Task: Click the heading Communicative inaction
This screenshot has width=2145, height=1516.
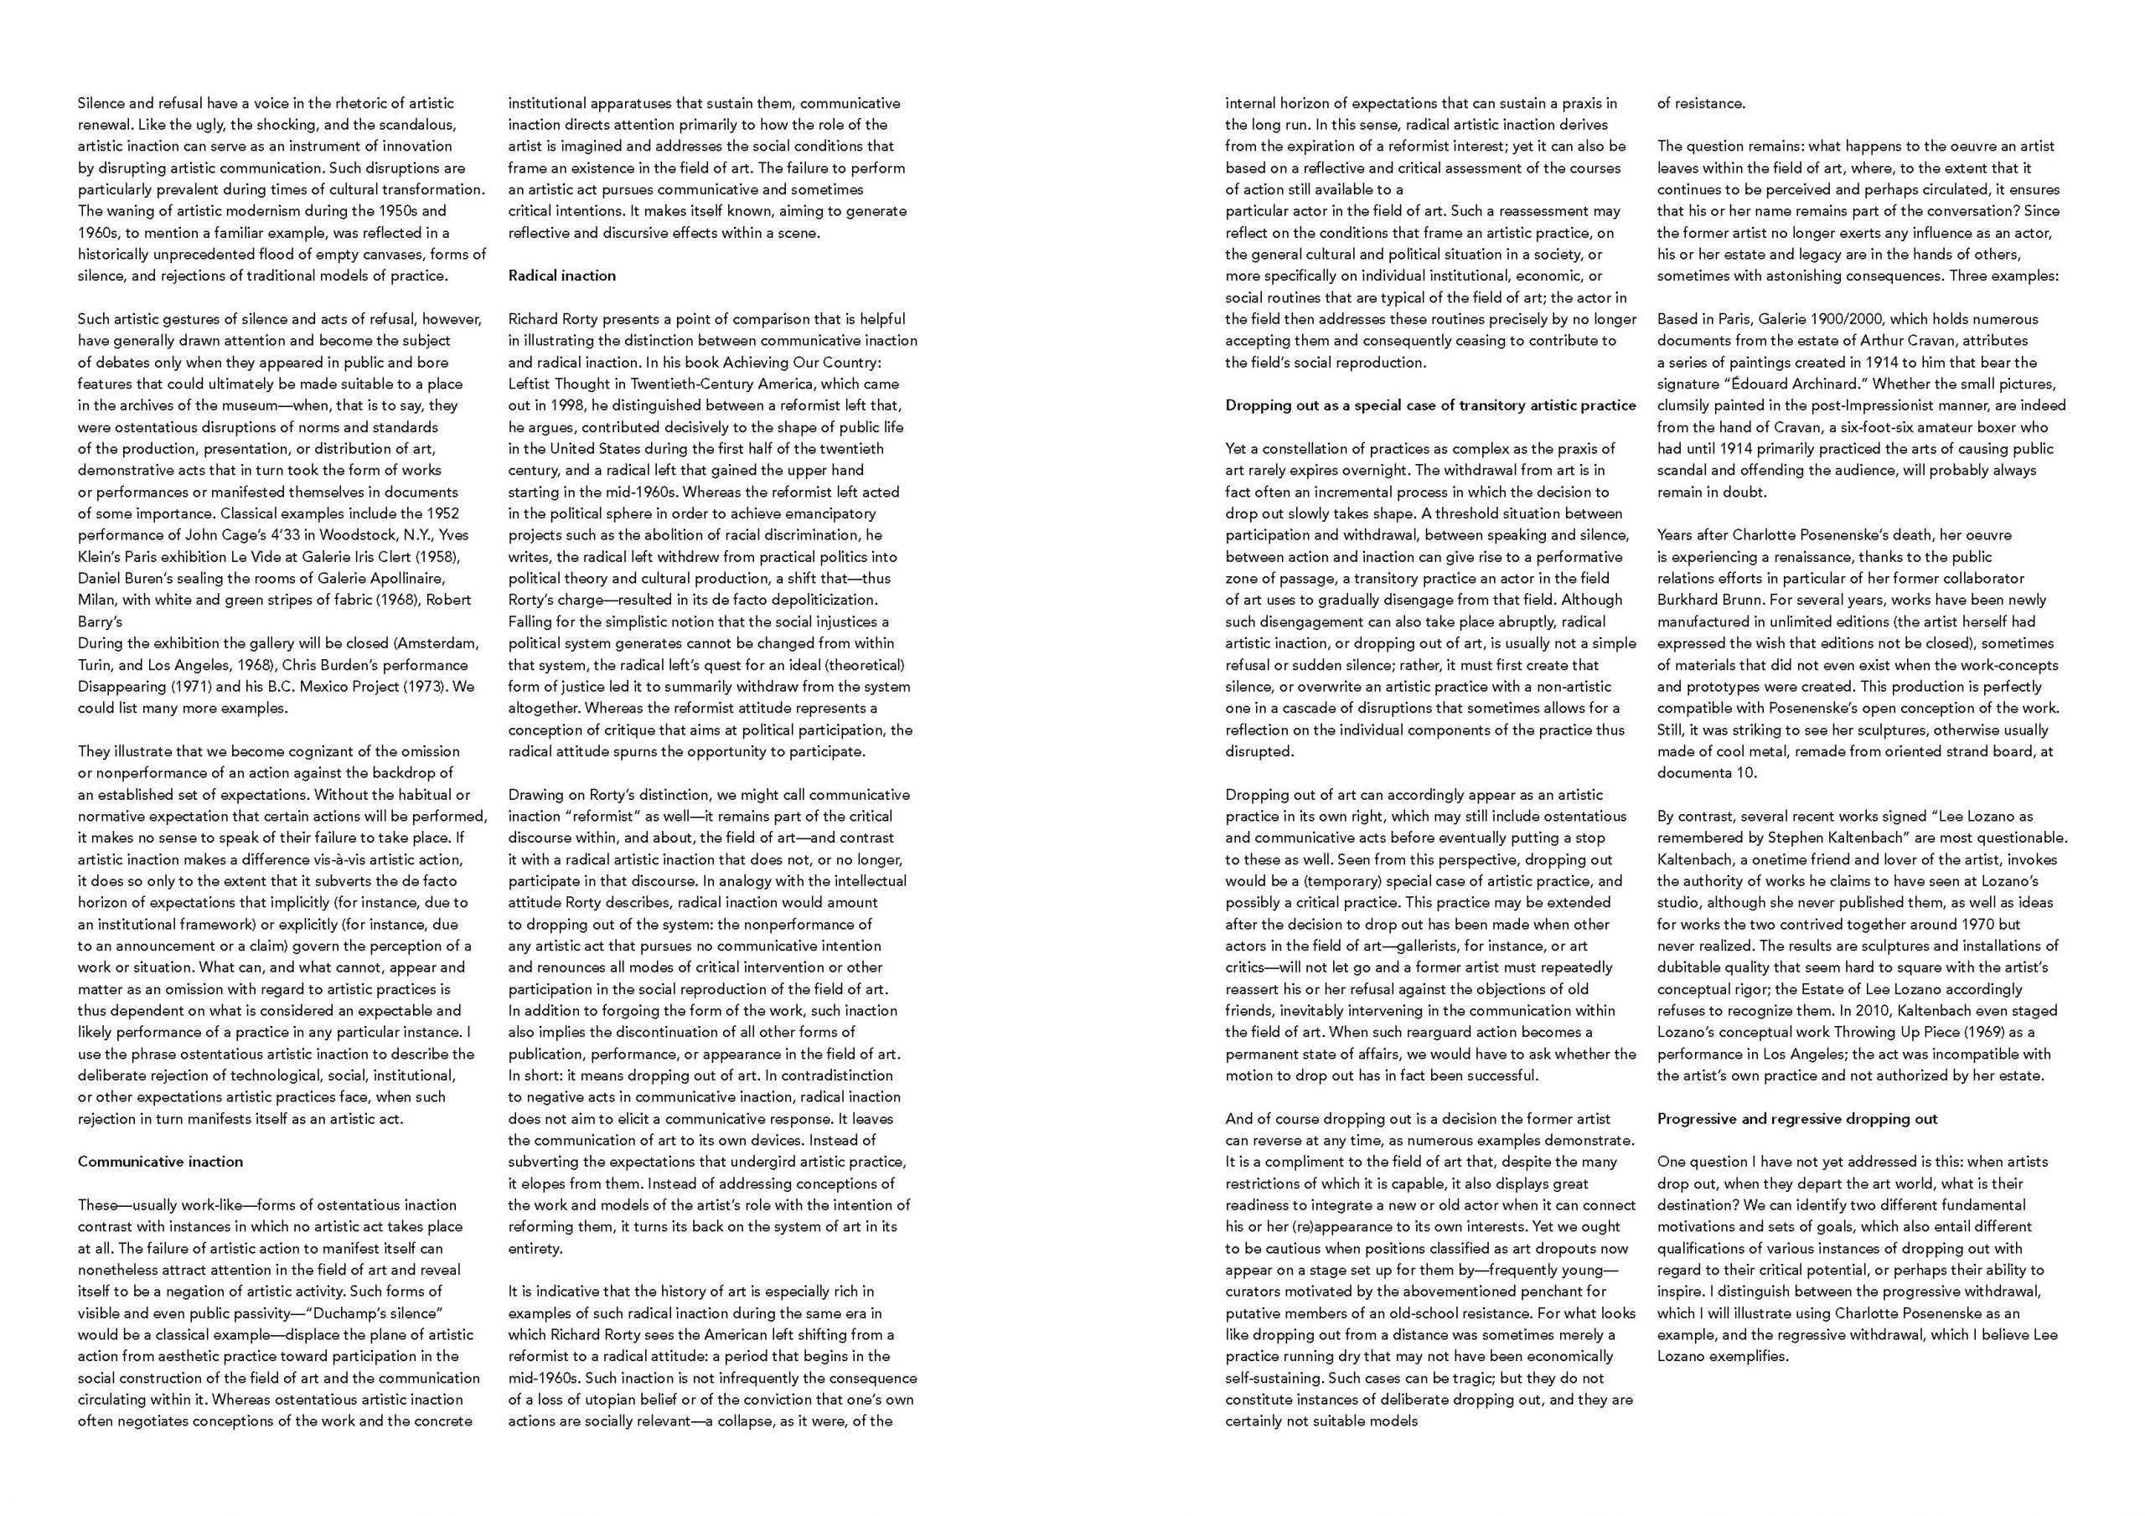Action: tap(160, 1162)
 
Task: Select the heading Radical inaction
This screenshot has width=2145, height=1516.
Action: tap(561, 276)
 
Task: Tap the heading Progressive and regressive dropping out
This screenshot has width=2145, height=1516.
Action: tap(1797, 1119)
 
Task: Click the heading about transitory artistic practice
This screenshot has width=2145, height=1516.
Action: tap(1430, 405)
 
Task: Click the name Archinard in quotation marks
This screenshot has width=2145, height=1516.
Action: tap(1822, 384)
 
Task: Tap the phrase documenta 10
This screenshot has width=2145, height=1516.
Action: tap(1693, 772)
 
